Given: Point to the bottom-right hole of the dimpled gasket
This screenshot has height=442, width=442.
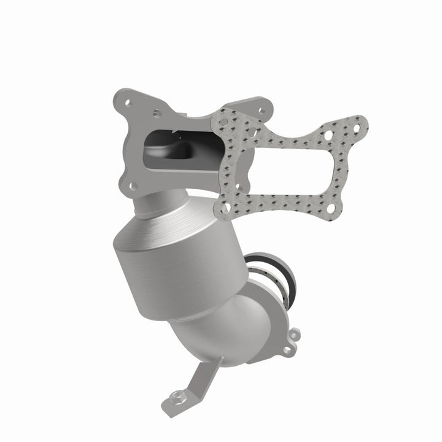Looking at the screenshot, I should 332,206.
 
